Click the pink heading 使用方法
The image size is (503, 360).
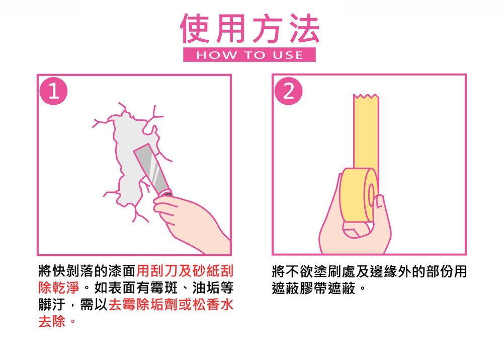click(x=249, y=29)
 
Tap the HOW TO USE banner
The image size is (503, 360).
click(x=249, y=54)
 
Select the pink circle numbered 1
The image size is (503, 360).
click(x=54, y=91)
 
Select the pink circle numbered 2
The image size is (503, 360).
click(x=288, y=91)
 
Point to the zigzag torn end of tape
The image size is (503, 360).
click(x=366, y=97)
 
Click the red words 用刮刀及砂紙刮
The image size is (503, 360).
click(x=185, y=271)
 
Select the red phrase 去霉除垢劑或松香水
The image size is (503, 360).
click(x=171, y=304)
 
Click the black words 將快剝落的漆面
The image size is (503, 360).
click(x=87, y=271)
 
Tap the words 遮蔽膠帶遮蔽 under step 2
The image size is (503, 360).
click(x=314, y=287)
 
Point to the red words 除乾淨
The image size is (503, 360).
click(x=59, y=287)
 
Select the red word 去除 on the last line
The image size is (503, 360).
click(x=52, y=321)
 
